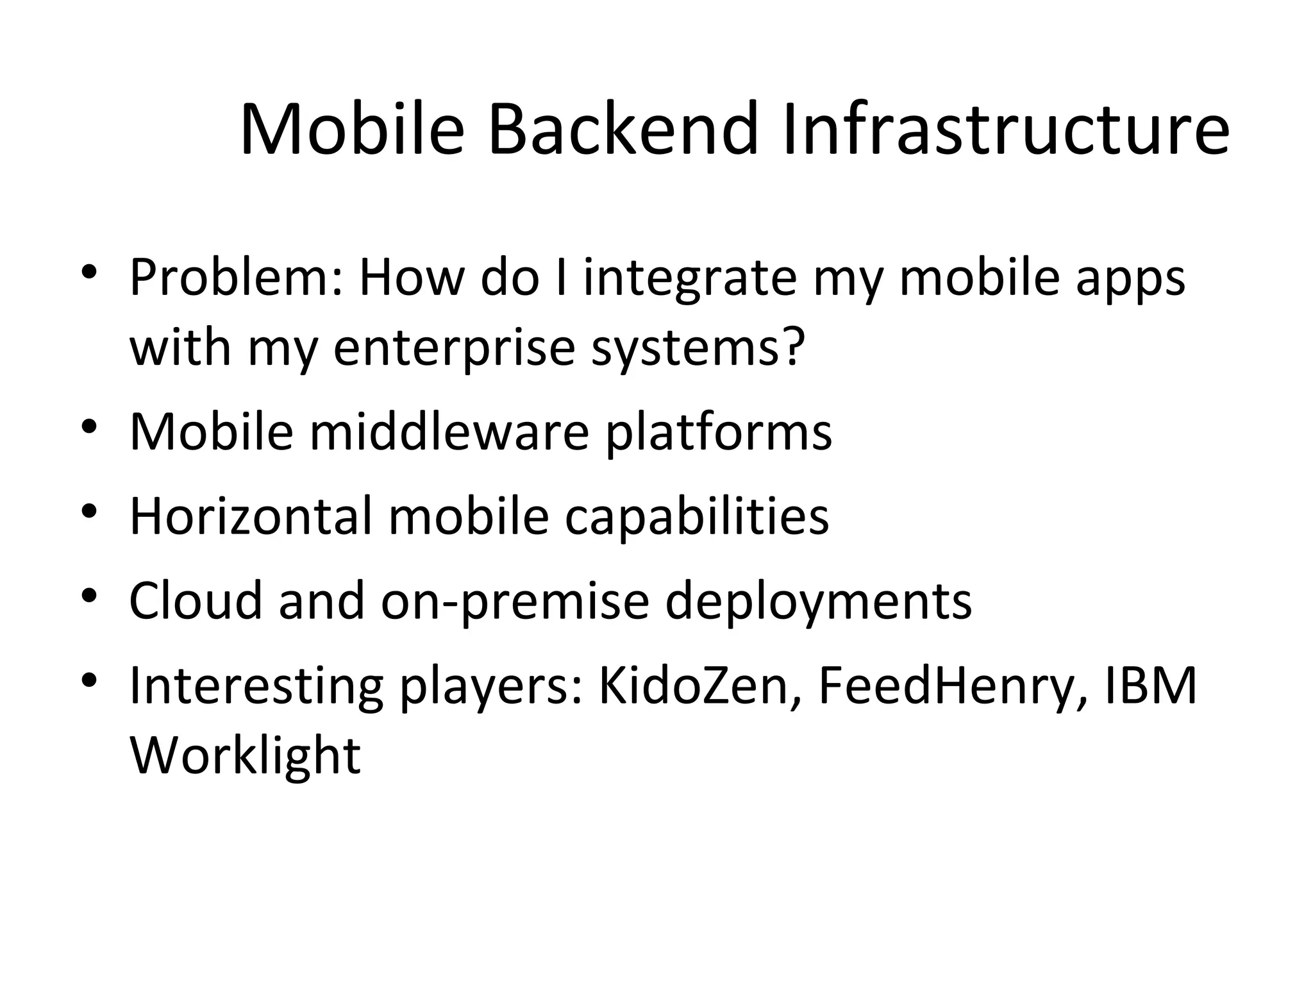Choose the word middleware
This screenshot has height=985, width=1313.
tap(449, 431)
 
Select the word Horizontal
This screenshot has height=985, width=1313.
tap(251, 516)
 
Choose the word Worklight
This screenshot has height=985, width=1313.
tap(245, 755)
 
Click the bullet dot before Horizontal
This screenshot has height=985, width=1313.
tap(89, 511)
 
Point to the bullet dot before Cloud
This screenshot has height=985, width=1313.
tap(89, 596)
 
